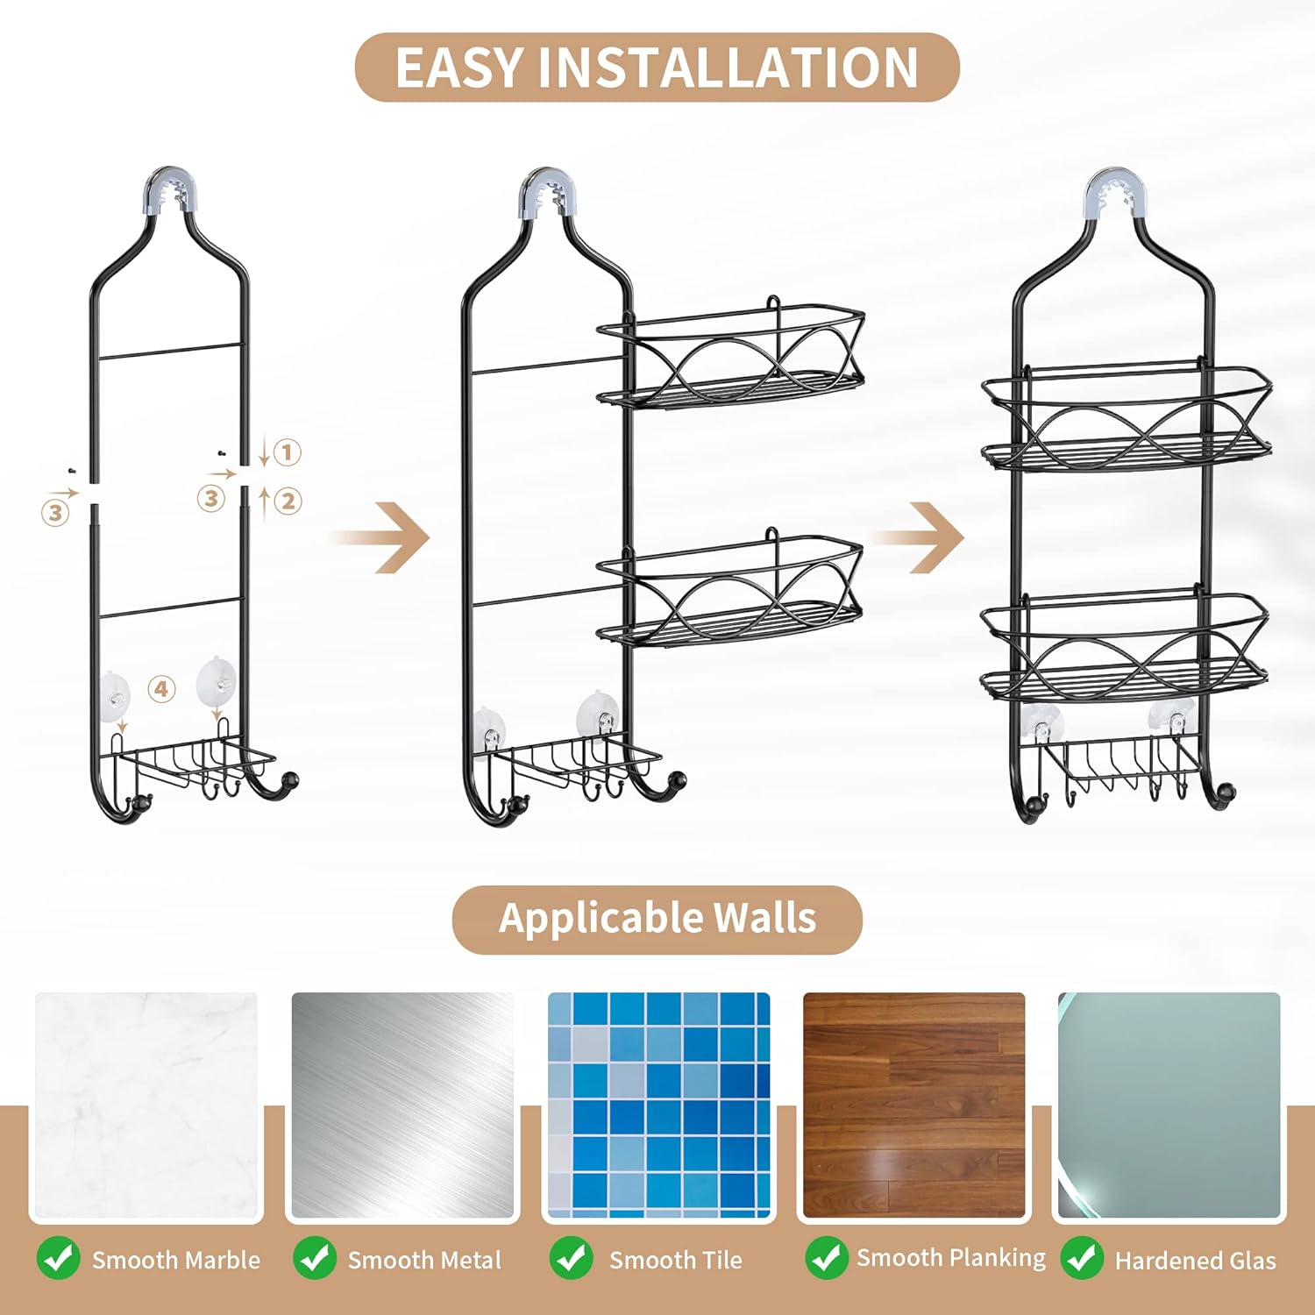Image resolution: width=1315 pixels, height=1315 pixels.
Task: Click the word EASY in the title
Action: (459, 68)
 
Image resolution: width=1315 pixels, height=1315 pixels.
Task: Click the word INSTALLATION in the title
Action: (728, 68)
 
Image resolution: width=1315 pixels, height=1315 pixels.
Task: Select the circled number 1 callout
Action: (287, 452)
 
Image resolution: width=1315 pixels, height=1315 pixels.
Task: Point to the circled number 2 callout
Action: (288, 501)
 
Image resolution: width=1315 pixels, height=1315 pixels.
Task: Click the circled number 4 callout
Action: (161, 689)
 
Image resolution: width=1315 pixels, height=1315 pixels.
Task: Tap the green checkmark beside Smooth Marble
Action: (59, 1258)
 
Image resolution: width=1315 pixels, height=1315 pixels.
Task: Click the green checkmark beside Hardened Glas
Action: (1082, 1258)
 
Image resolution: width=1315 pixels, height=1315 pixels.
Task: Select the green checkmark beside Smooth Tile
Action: (571, 1258)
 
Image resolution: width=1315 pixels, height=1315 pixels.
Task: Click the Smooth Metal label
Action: (424, 1260)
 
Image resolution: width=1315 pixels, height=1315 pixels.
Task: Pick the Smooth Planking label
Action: (951, 1258)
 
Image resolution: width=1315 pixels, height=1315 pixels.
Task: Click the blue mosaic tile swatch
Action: (658, 1105)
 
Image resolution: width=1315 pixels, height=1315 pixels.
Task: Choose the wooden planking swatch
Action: (913, 1105)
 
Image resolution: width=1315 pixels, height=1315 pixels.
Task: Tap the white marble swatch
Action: (146, 1105)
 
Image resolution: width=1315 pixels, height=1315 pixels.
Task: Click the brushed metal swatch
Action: (402, 1105)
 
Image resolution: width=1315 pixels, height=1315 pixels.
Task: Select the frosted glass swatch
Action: (1169, 1105)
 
